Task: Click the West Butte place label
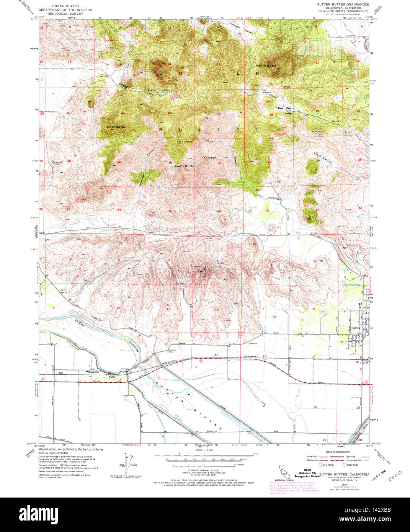115,127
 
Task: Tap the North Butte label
266,66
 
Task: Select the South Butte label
184,166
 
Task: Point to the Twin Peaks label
185,142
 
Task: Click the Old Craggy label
208,157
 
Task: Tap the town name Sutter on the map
356,328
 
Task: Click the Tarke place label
112,377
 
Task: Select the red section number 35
170,211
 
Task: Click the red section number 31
268,211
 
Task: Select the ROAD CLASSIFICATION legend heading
337,452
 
